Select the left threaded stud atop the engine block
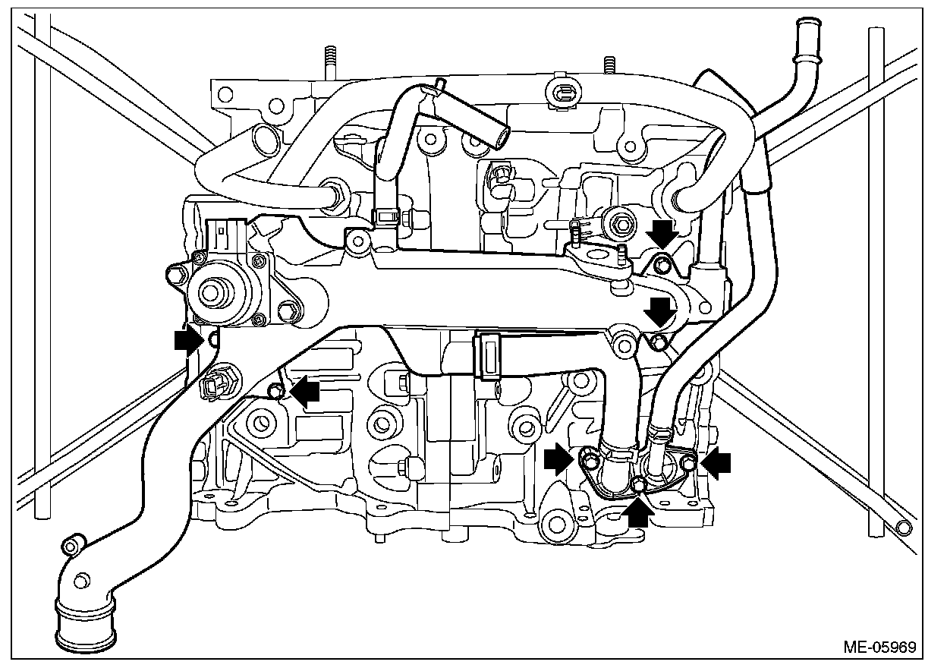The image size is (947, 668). click(330, 61)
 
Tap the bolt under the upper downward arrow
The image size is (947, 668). click(662, 265)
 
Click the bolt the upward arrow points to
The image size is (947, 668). click(638, 484)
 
